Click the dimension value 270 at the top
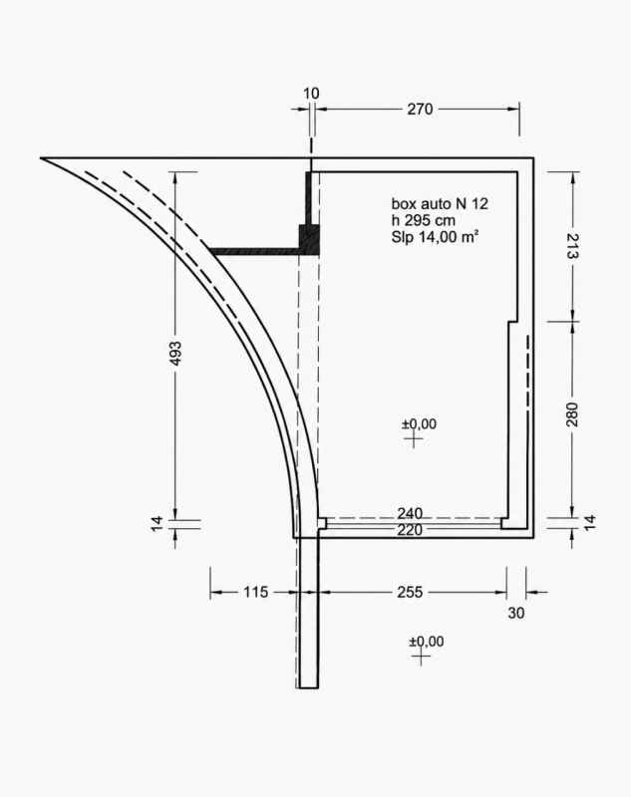[x=420, y=109]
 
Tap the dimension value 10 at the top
[x=311, y=94]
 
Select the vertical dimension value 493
[x=174, y=353]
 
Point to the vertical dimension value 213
[x=572, y=246]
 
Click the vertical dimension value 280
[x=572, y=414]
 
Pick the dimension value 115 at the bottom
[x=255, y=592]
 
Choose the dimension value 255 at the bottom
[x=410, y=592]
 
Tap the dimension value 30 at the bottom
[x=515, y=613]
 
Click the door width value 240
[x=410, y=513]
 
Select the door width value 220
[x=410, y=530]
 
